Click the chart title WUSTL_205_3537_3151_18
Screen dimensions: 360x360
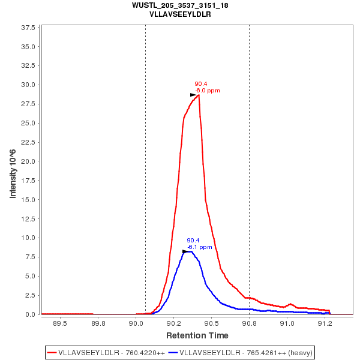pos(180,5)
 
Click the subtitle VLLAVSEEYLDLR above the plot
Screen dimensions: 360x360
pos(180,14)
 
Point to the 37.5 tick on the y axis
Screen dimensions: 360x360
pos(28,28)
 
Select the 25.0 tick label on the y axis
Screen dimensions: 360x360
pos(28,123)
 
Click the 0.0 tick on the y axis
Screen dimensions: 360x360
pos(30,314)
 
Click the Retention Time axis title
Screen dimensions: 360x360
pos(197,335)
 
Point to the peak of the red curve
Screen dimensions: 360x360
pos(199,94)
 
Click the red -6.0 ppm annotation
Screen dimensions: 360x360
pos(208,91)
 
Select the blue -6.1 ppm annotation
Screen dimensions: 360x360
pos(200,247)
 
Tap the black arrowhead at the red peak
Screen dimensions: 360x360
pos(193,95)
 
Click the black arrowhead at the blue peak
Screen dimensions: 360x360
pos(185,251)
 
